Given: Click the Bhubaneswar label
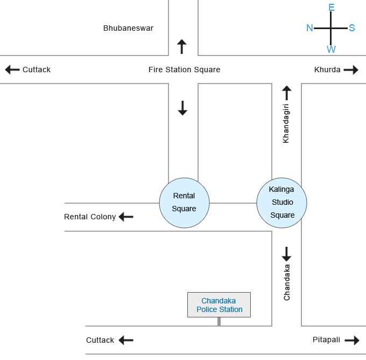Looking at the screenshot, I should (x=128, y=28).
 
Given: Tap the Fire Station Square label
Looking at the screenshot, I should (x=184, y=70).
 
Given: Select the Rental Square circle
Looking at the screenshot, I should (x=184, y=203).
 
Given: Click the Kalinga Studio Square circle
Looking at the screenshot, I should (x=282, y=203).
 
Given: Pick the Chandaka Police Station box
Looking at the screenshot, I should (x=219, y=305).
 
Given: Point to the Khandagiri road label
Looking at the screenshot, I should (x=286, y=123).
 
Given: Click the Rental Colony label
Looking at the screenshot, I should (x=90, y=217).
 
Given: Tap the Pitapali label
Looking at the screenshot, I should (x=326, y=340).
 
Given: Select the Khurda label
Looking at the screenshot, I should (x=327, y=70).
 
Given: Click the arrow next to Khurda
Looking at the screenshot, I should (x=351, y=70).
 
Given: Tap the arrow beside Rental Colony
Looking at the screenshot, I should (x=126, y=217).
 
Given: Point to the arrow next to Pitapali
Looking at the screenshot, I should (x=352, y=340).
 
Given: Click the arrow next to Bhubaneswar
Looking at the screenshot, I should (x=182, y=46).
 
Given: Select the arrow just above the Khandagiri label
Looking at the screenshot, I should (x=286, y=93).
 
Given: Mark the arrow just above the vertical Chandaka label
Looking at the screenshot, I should (x=286, y=254).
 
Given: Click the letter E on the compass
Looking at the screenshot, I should (x=332, y=8).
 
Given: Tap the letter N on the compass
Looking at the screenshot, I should (x=309, y=28).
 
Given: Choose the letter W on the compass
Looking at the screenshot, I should (x=331, y=50).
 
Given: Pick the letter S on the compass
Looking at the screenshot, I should (x=352, y=28).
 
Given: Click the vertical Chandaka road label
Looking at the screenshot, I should (x=287, y=282).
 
